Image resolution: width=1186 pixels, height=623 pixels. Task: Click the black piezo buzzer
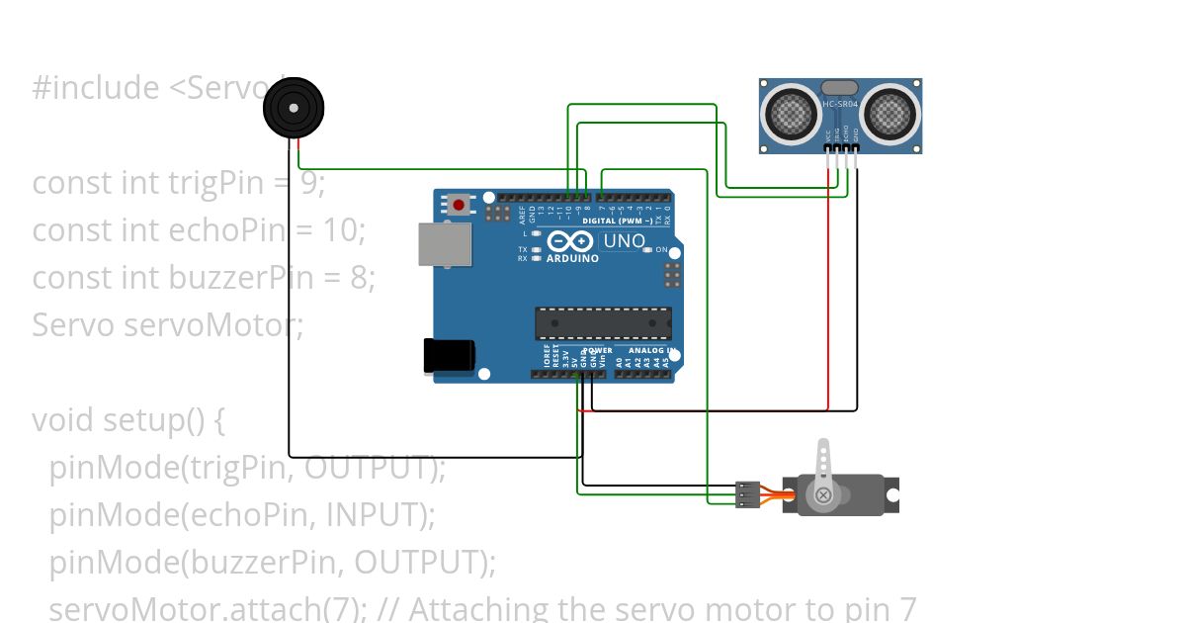click(x=294, y=109)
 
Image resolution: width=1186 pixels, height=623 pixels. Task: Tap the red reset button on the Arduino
click(x=459, y=206)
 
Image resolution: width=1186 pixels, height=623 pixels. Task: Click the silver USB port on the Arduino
click(x=444, y=244)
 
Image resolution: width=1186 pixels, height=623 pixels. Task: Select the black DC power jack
click(x=449, y=356)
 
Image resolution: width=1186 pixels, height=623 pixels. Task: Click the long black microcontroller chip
click(x=603, y=323)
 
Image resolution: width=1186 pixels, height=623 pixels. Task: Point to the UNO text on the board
click(x=624, y=241)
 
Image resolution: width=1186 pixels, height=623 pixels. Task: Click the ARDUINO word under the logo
click(x=572, y=259)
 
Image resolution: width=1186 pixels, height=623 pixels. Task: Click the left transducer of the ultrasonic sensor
click(x=792, y=114)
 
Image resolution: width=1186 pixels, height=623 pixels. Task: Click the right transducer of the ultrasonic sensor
click(x=889, y=114)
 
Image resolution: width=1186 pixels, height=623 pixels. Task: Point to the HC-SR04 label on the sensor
click(x=840, y=104)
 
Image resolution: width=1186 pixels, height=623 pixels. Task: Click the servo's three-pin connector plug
click(x=748, y=493)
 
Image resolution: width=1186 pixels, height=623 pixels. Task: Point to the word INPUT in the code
click(x=373, y=515)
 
